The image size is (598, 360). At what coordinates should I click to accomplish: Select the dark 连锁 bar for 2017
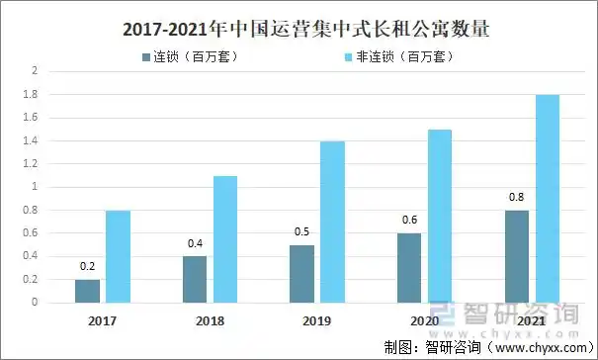point(87,291)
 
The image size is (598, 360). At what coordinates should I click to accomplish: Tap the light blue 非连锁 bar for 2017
point(118,256)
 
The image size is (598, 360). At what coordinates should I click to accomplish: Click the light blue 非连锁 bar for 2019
point(333,222)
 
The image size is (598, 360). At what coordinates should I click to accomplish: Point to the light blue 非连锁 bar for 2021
point(547,198)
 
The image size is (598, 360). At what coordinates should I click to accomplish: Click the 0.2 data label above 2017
point(87,267)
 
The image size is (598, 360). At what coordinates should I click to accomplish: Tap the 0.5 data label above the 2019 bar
point(302,232)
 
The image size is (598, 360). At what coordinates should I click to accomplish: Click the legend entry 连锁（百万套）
point(189,56)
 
